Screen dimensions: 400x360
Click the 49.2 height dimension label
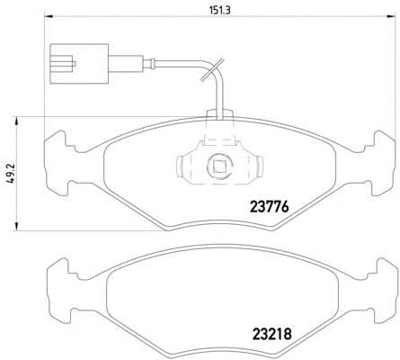[x=13, y=173]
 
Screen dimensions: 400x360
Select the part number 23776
[x=269, y=206]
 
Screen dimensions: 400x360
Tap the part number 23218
[x=272, y=334]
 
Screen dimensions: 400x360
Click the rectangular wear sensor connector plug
[x=79, y=64]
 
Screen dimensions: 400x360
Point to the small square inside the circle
[x=219, y=166]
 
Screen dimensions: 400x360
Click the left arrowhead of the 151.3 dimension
[x=49, y=16]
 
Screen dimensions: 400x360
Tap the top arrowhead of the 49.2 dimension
[x=17, y=121]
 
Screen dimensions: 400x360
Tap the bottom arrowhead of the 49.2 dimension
[x=17, y=227]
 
